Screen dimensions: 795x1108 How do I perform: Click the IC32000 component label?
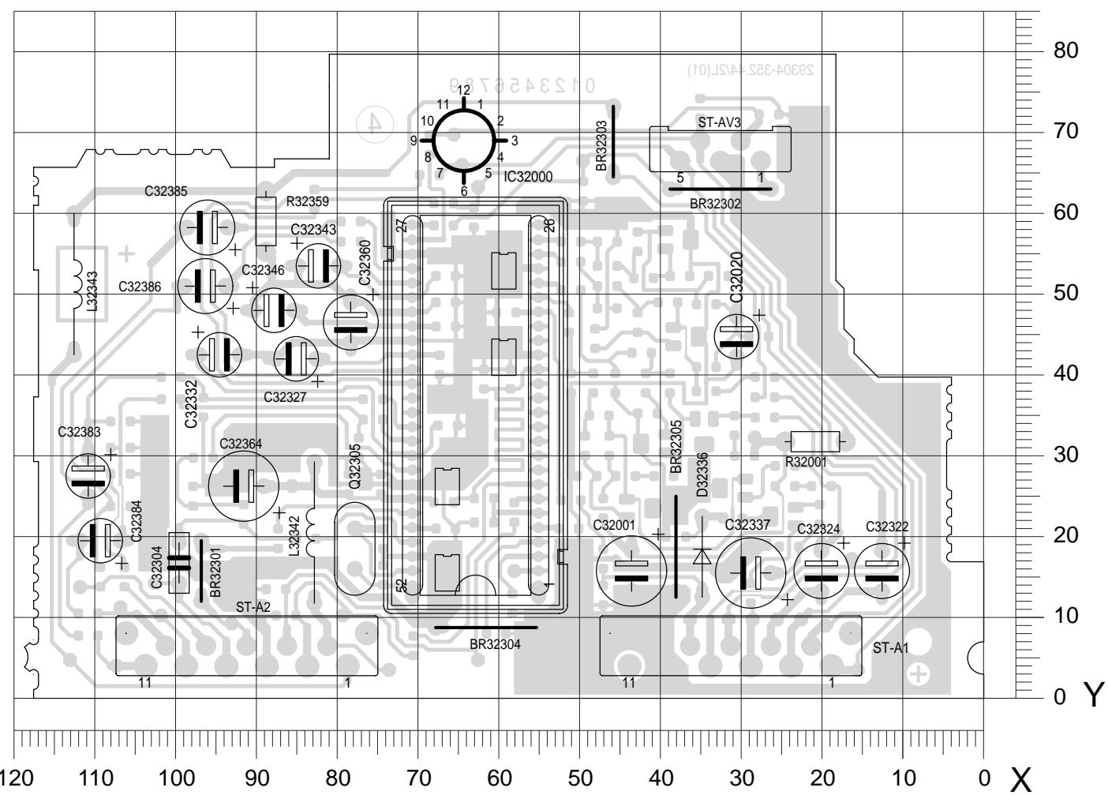pos(528,178)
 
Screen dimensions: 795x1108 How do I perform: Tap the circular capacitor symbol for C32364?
pos(244,486)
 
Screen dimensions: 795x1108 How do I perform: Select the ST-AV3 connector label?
pos(719,123)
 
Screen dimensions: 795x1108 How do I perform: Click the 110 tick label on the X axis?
pos(95,778)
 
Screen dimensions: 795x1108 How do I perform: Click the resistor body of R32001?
pos(815,441)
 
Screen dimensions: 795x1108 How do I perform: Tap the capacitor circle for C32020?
pos(736,336)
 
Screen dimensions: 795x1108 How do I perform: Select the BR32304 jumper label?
pos(495,644)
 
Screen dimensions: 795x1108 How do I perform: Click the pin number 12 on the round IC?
pos(464,90)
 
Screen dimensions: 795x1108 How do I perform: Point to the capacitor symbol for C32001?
pos(631,571)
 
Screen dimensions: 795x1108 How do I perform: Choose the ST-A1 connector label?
pos(891,648)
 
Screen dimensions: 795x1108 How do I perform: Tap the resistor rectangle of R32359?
pos(267,221)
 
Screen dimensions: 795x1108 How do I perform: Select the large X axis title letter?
pos(1021,778)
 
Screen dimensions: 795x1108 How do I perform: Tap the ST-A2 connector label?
pos(253,607)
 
